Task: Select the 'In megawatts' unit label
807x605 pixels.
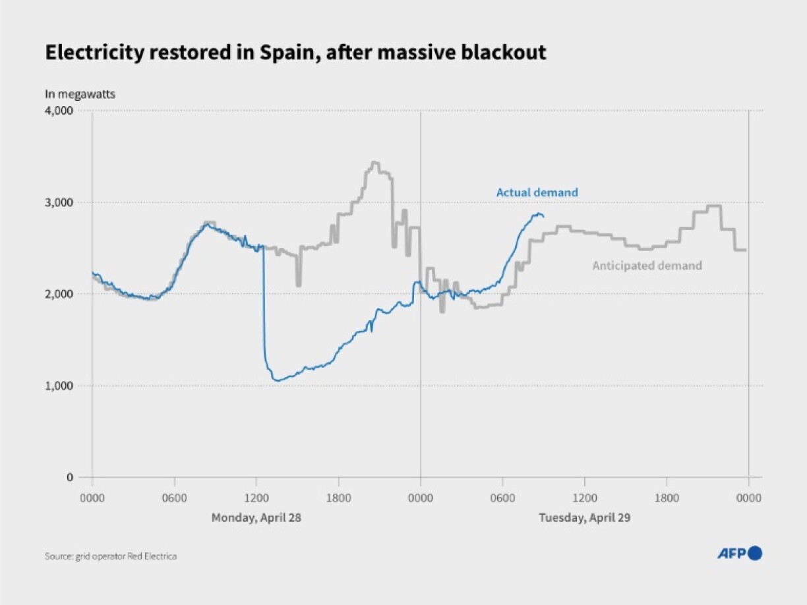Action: pyautogui.click(x=80, y=94)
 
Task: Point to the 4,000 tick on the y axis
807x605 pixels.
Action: pyautogui.click(x=59, y=111)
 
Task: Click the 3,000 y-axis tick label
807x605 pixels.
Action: pyautogui.click(x=59, y=202)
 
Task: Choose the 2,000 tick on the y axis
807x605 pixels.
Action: pyautogui.click(x=59, y=294)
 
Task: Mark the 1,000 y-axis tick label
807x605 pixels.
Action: pyautogui.click(x=59, y=386)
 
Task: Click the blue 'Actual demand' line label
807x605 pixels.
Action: pyautogui.click(x=537, y=192)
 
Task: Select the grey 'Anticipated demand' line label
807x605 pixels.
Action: pyautogui.click(x=647, y=266)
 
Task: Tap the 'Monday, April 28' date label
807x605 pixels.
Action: pyautogui.click(x=256, y=517)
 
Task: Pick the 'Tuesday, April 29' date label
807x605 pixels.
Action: pyautogui.click(x=584, y=517)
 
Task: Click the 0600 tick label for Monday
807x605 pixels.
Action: pyautogui.click(x=174, y=499)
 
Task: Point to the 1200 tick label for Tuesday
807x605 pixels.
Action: pyautogui.click(x=584, y=499)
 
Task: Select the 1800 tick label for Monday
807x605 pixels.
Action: pyautogui.click(x=338, y=499)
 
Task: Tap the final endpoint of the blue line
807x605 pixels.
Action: pyautogui.click(x=543, y=216)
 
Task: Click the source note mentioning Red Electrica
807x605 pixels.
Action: pyautogui.click(x=111, y=556)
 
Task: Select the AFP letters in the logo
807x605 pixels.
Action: pyautogui.click(x=731, y=554)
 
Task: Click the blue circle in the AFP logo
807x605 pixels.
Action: pyautogui.click(x=756, y=554)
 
